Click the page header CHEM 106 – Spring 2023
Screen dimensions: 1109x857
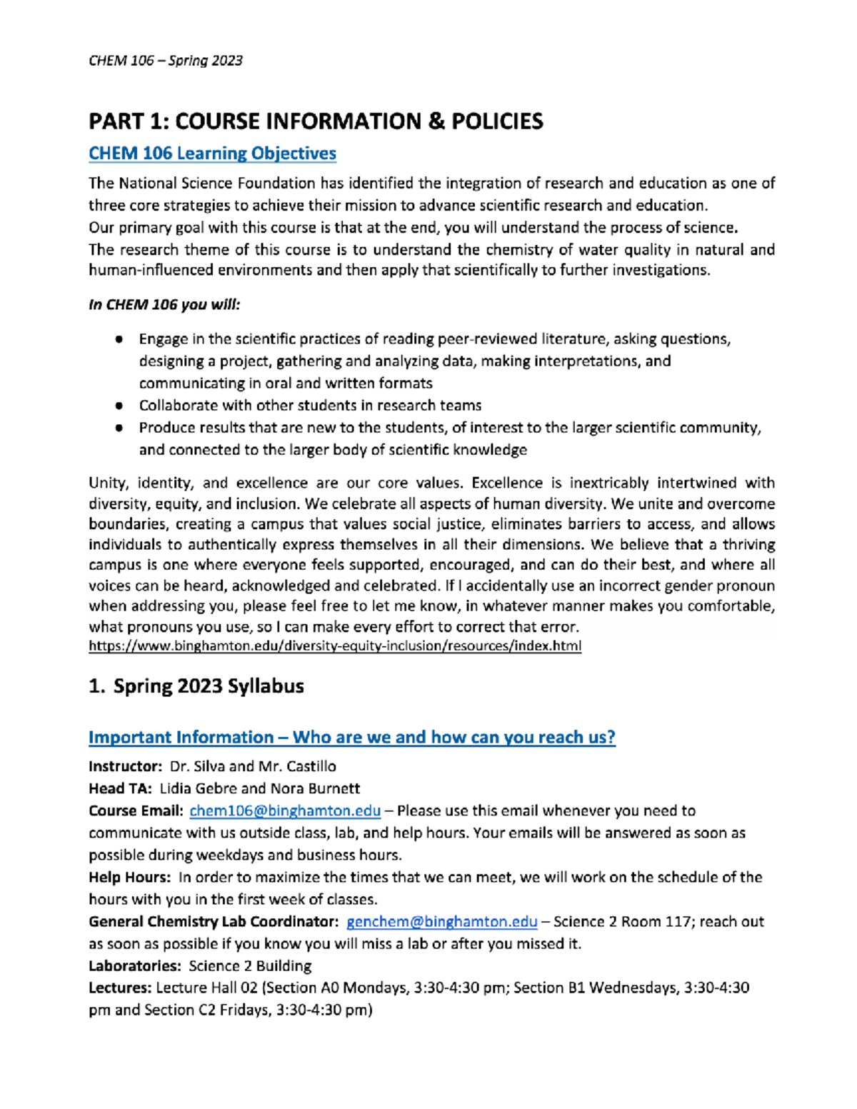pos(166,61)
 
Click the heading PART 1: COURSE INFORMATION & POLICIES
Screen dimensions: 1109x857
pos(316,121)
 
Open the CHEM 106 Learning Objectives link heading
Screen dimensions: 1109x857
pos(212,154)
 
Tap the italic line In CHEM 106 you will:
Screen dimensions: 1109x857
pos(164,305)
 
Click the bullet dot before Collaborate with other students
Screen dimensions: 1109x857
pos(119,406)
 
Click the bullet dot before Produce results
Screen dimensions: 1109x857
pos(119,428)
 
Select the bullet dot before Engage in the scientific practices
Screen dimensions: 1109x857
pos(119,339)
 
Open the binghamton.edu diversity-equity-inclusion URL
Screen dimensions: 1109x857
pos(334,646)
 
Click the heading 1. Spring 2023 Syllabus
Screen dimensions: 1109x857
pos(196,686)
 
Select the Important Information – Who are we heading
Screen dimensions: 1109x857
pos(351,737)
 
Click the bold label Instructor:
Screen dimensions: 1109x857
pos(126,766)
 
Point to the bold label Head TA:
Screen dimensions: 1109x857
pos(120,788)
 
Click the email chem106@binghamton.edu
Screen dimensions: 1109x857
pos(285,811)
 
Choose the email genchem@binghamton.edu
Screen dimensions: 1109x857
pos(441,922)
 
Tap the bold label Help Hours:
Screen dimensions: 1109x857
pos(129,877)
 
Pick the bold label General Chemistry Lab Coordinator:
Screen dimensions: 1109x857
pos(213,922)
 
